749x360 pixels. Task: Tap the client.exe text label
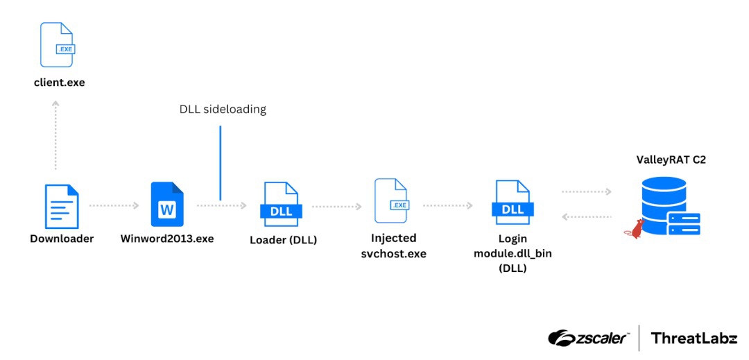pyautogui.click(x=59, y=83)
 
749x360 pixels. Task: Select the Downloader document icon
pyautogui.click(x=62, y=206)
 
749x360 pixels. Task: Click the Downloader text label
pyautogui.click(x=62, y=239)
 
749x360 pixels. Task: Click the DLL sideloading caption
pyautogui.click(x=223, y=109)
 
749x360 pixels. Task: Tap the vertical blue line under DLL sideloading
pyautogui.click(x=220, y=163)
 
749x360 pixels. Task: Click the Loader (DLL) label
pyautogui.click(x=283, y=240)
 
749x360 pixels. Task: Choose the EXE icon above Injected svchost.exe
pyautogui.click(x=393, y=200)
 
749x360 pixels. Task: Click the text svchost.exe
pyautogui.click(x=393, y=254)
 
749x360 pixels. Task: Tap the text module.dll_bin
pyautogui.click(x=513, y=253)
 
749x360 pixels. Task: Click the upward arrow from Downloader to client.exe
pyautogui.click(x=55, y=135)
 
